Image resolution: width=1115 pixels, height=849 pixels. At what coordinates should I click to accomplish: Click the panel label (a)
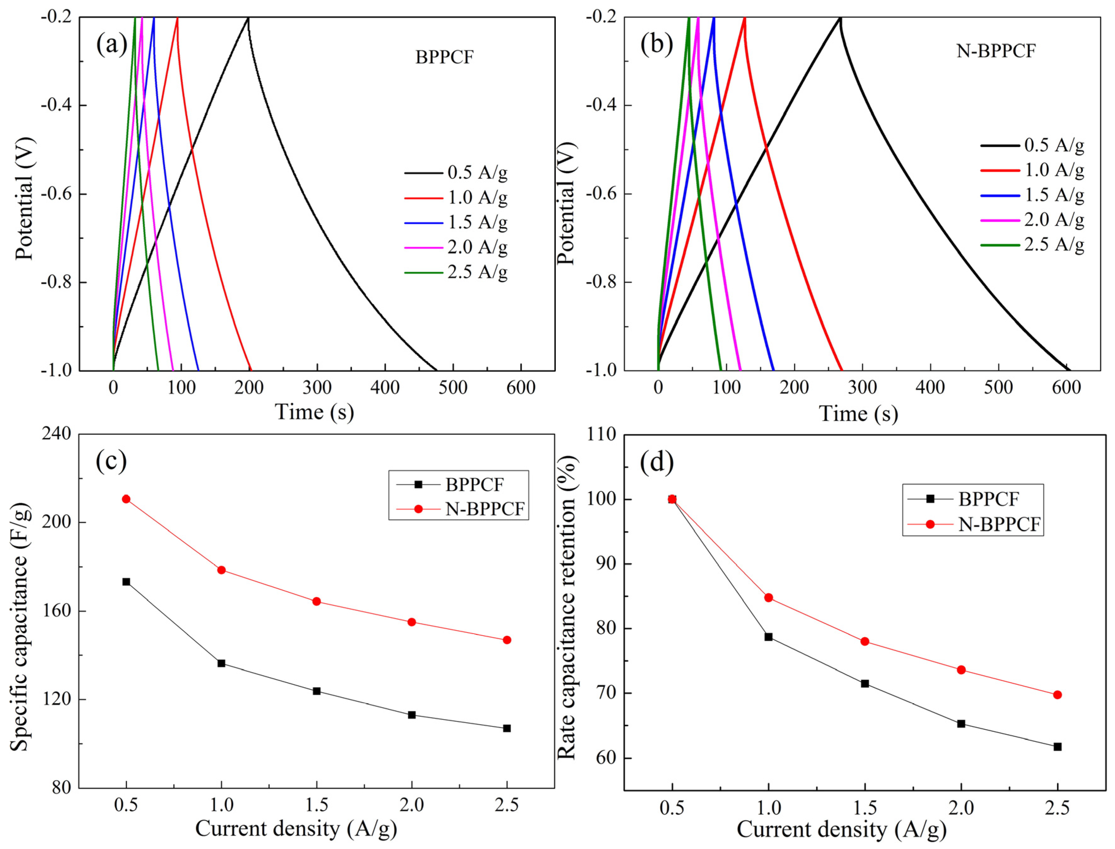pos(112,44)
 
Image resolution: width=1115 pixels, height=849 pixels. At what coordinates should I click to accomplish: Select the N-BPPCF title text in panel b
pos(996,51)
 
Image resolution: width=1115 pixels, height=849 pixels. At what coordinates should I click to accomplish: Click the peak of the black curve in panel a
pos(248,18)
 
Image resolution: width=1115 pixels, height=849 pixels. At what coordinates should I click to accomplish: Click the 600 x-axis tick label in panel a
pos(521,388)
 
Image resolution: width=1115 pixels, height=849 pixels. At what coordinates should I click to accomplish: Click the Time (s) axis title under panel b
pos(858,414)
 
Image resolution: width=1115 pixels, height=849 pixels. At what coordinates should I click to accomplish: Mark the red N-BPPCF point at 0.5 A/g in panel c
pos(126,499)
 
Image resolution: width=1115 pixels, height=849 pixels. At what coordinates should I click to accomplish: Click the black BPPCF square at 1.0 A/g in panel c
pos(221,664)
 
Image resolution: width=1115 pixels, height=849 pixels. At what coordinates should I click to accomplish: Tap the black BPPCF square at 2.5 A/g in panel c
pos(507,728)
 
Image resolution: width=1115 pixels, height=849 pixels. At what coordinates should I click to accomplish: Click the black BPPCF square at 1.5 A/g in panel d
pos(865,684)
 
